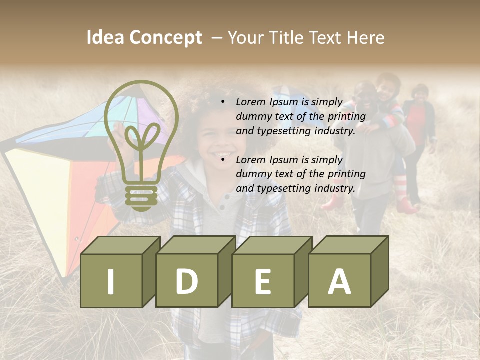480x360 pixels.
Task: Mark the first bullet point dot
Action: (x=223, y=102)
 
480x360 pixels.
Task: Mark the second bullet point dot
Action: (x=223, y=160)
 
